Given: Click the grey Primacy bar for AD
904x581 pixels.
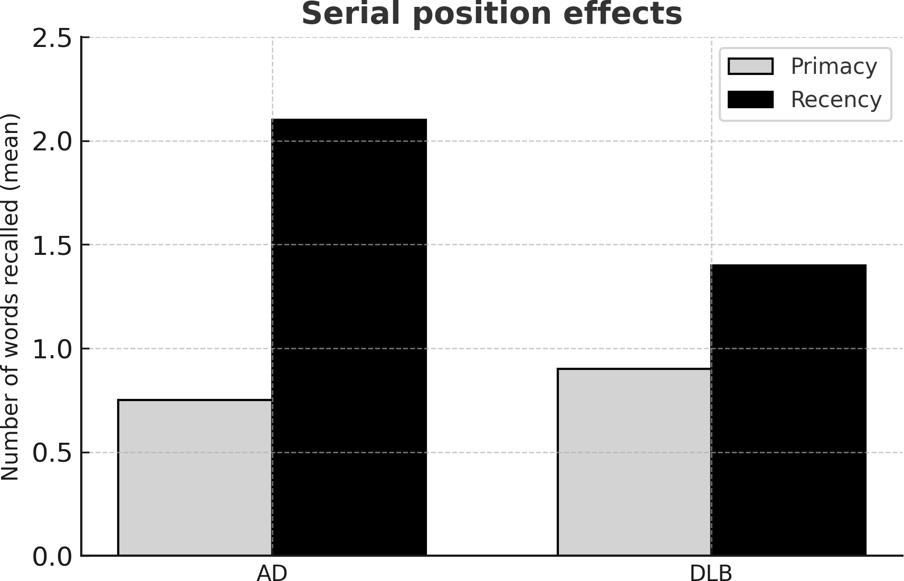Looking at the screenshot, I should pos(195,478).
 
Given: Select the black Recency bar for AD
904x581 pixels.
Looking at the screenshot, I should pos(349,338).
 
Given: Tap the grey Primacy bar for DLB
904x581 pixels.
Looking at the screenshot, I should pos(634,462).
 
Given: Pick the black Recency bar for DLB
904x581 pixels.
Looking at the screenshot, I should pos(788,410).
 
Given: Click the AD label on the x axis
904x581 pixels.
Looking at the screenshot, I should pos(272,573).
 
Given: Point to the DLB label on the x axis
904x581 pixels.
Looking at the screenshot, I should pos(711,573).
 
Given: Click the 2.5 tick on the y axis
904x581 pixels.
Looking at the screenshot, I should pos(52,39).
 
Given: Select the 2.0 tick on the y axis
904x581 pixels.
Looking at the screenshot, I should pos(52,142).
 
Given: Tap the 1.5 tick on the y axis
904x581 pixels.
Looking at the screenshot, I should pos(52,246).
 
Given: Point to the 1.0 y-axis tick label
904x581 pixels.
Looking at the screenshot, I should pos(52,349).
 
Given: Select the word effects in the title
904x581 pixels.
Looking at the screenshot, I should pos(622,14).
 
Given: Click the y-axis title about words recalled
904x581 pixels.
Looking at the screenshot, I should pos(11,297).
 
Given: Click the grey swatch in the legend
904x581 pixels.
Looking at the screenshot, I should pos(750,66).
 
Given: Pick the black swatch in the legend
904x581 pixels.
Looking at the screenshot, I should pos(750,99).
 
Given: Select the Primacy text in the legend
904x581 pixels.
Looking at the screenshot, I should pos(833,66).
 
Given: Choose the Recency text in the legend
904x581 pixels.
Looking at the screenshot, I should pos(835,99).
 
